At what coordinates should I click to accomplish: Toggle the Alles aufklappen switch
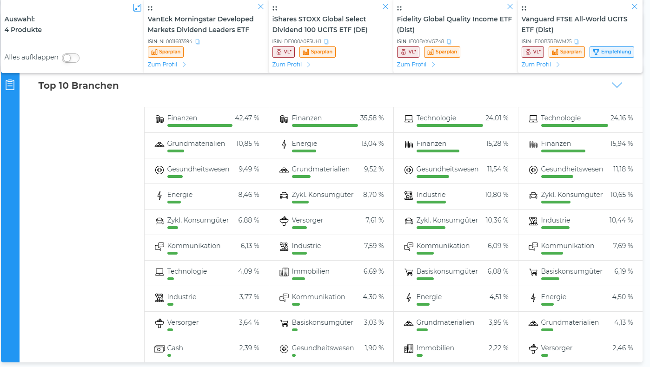(71, 58)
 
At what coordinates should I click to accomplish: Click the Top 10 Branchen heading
(79, 85)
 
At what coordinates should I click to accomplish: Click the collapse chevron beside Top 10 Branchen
(617, 85)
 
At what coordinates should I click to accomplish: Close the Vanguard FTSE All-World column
(634, 7)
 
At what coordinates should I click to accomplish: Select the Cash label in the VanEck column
(175, 348)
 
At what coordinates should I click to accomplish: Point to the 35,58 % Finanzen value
(371, 118)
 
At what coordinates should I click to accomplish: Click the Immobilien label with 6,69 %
(311, 271)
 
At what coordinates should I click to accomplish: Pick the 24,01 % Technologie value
(497, 118)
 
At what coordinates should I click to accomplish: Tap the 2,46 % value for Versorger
(622, 348)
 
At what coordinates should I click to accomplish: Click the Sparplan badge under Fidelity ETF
(442, 52)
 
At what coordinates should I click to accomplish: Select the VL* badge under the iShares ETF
(284, 52)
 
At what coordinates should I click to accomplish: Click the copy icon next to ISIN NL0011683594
(198, 42)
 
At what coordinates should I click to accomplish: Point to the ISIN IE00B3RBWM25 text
(546, 42)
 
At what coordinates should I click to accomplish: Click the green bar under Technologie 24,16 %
(574, 125)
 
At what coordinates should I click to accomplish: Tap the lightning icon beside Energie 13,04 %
(284, 144)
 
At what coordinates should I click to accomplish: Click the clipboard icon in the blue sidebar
(10, 85)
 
